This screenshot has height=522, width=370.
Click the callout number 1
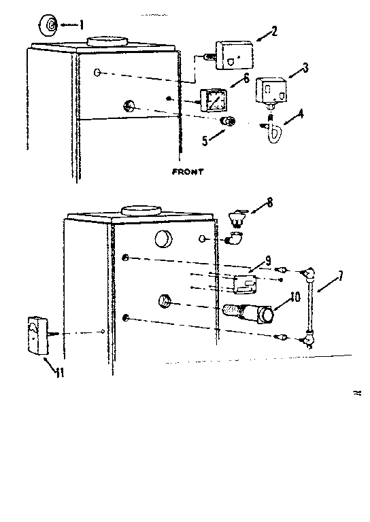[x=82, y=25]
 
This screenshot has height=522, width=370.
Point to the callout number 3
[x=305, y=67]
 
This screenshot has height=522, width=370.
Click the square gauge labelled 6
[x=213, y=101]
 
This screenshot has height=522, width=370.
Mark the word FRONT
[x=188, y=172]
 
